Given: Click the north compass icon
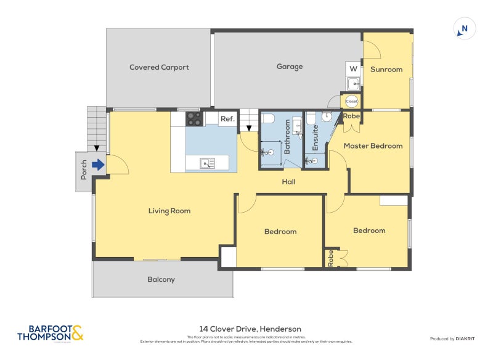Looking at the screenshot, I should [x=465, y=28].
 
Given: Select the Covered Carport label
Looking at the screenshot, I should [x=159, y=67].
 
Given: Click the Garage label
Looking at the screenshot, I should [x=289, y=67].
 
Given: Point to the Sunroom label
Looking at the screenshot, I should [x=386, y=69].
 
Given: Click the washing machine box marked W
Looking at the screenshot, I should [x=353, y=68].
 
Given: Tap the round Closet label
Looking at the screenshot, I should [x=351, y=100].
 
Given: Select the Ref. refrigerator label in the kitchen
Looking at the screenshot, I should [x=227, y=119].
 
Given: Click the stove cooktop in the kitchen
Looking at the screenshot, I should [x=194, y=118].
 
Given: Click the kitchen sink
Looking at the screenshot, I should [x=208, y=163].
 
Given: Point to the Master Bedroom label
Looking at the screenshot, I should [x=373, y=146].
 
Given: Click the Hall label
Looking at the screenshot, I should [x=288, y=182].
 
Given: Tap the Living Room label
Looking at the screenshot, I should [x=169, y=211].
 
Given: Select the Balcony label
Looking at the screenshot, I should [x=161, y=279].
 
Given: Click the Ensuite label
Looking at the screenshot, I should [x=315, y=139].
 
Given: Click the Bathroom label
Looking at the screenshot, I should [x=287, y=137].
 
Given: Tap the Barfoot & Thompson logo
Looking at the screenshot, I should [x=51, y=333].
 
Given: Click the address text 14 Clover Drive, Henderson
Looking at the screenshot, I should [x=250, y=329].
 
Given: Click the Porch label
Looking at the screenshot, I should [x=84, y=170].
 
